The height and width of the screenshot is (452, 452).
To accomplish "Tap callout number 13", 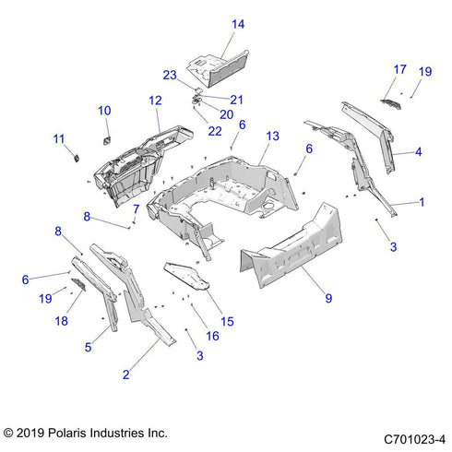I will (x=271, y=136).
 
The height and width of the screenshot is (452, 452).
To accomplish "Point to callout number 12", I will (x=155, y=100).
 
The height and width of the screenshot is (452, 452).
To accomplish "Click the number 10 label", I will (x=104, y=111).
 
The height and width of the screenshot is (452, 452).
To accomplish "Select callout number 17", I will (x=399, y=69).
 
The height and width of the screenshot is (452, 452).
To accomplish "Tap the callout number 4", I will (x=418, y=151).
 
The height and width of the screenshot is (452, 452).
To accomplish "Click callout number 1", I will (x=422, y=200).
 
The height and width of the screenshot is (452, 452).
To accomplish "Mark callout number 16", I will (x=213, y=337).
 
